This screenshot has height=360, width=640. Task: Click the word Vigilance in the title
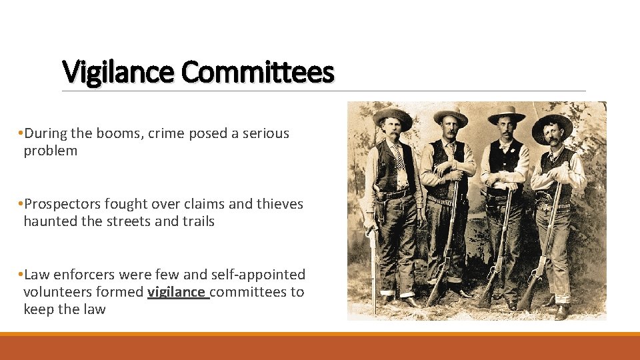pos(118,72)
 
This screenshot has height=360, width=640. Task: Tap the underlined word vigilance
pos(178,292)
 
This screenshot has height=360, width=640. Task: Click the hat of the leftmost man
pos(392,116)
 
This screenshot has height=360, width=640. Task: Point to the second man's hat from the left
pos(451,115)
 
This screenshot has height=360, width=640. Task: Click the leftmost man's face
pos(391,131)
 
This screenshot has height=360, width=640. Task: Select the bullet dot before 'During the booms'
pos(21,133)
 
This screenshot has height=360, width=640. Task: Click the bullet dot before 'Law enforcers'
pos(21,275)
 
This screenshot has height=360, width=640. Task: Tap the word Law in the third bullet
pos(37,275)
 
